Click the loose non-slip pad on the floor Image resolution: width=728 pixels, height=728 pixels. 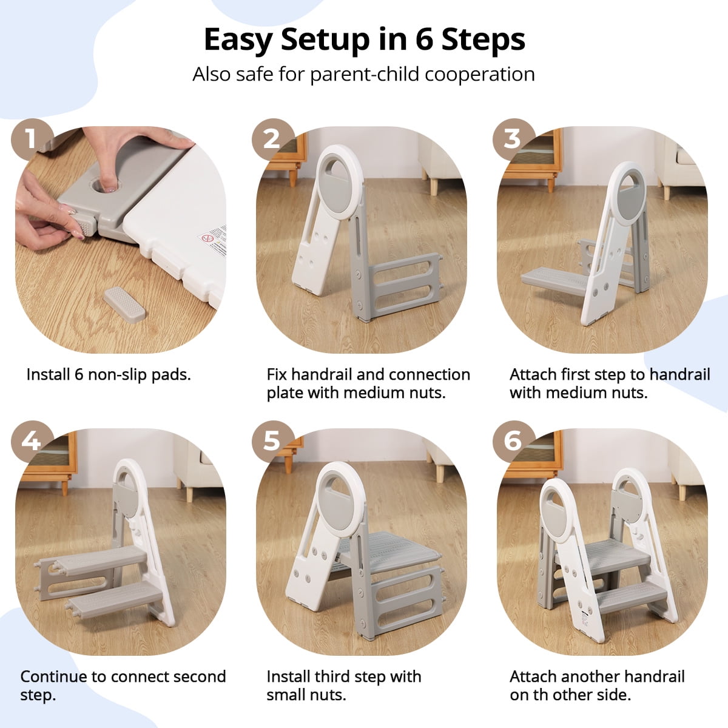[x=124, y=304]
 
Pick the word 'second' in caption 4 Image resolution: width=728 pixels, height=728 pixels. [x=195, y=676]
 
